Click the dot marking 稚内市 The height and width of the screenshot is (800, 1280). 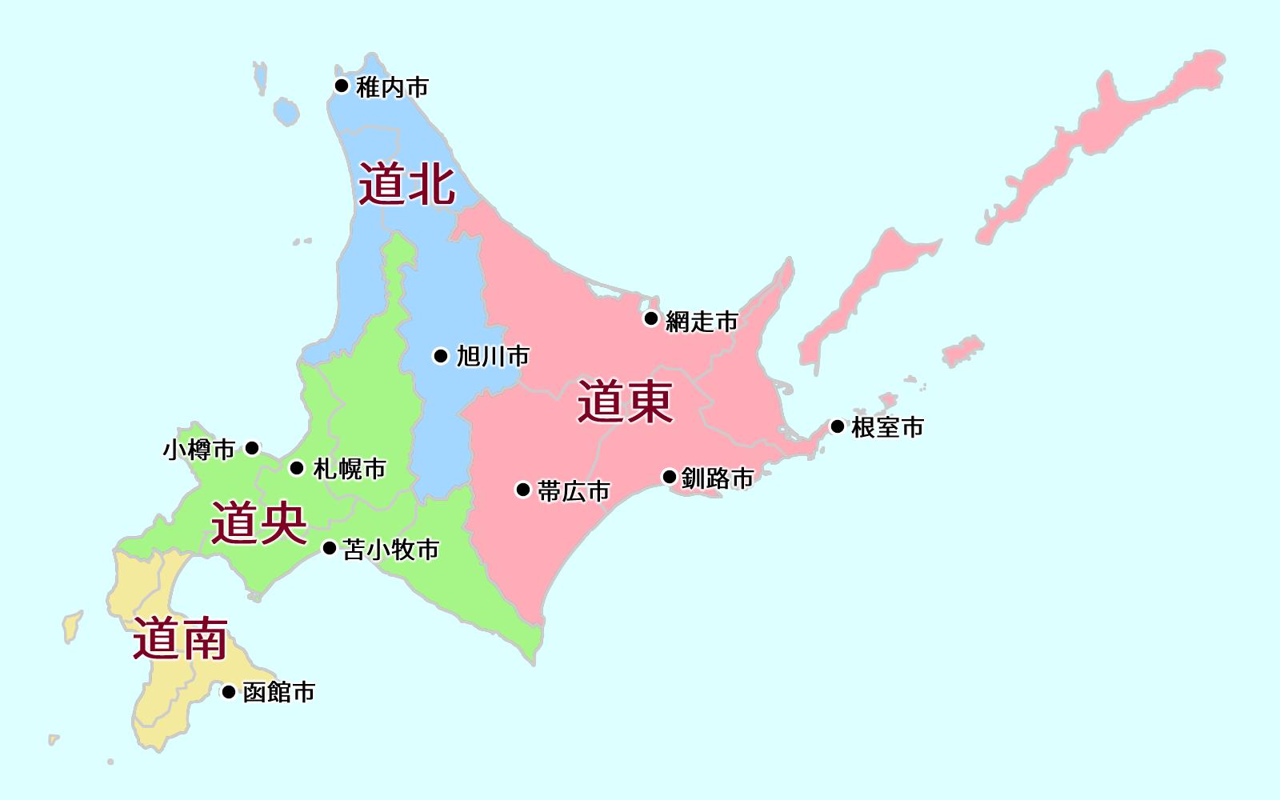coord(342,86)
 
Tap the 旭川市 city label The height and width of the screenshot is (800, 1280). coord(493,356)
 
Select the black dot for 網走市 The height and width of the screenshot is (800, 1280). coord(651,319)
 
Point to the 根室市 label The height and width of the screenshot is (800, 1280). coord(887,427)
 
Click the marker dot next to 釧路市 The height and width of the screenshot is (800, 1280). coord(670,477)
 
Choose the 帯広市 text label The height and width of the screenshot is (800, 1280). coord(574,491)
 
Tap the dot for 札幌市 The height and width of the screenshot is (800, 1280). coord(297,468)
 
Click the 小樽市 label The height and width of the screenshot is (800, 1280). coord(199,450)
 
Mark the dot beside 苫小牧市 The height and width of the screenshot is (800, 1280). coord(329,548)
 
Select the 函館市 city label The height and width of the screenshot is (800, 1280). coord(278,692)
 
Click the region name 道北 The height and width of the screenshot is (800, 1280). coord(406,185)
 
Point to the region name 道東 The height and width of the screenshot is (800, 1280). coord(625,402)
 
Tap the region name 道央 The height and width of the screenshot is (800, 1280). coord(259,523)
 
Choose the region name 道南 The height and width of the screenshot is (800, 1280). coord(180,638)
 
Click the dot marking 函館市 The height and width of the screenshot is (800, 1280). coord(229,691)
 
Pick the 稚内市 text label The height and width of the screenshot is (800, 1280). coord(393,86)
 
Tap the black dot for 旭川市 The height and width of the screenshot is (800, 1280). coord(441,356)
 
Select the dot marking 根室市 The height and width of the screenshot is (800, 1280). coord(838,426)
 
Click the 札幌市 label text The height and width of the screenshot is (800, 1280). coord(350,469)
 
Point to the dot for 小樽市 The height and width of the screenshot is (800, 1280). coord(252,448)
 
